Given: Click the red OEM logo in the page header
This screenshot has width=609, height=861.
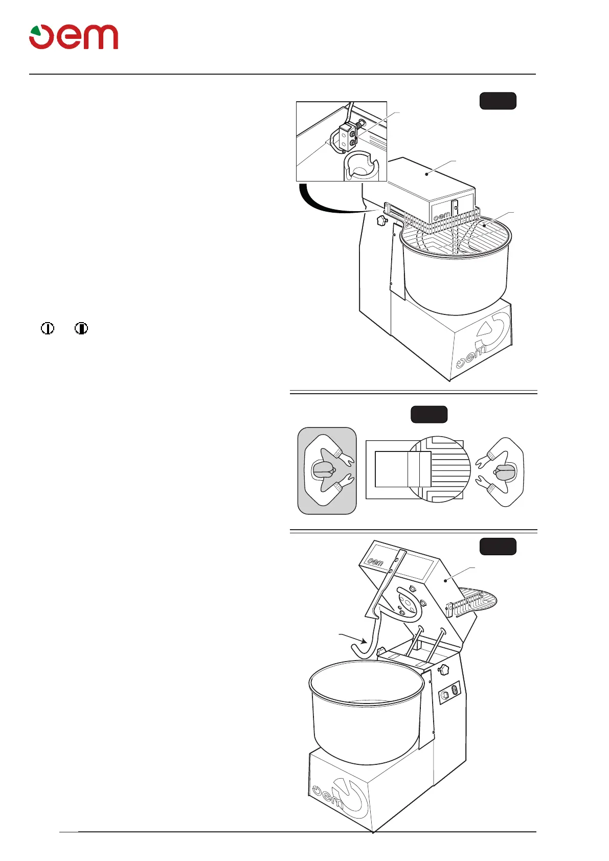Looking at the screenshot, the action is pyautogui.click(x=74, y=37).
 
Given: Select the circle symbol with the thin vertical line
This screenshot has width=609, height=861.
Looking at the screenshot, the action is pyautogui.click(x=48, y=328).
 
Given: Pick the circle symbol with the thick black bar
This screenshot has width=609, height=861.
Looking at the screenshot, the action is pyautogui.click(x=81, y=328).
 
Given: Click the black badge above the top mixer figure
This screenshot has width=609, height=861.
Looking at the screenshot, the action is pyautogui.click(x=498, y=101).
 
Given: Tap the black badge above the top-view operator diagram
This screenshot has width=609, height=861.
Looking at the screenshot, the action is pyautogui.click(x=429, y=414).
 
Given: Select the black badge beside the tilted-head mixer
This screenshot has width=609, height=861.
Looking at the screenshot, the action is pyautogui.click(x=498, y=547).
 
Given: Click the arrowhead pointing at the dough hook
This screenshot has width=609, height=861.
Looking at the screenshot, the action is pyautogui.click(x=364, y=641).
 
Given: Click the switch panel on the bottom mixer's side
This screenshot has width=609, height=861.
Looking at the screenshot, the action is pyautogui.click(x=449, y=693).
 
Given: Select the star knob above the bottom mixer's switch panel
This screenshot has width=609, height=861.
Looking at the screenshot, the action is pyautogui.click(x=443, y=669).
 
